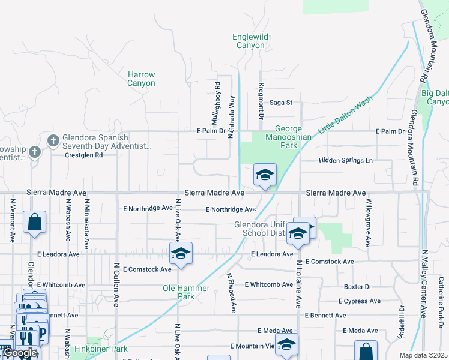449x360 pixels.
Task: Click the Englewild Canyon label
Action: click(x=249, y=41)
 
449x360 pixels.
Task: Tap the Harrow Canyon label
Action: click(x=141, y=79)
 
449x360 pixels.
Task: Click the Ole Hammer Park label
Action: click(x=187, y=292)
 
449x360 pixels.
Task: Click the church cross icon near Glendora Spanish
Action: click(x=53, y=140)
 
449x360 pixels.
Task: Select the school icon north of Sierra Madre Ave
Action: click(x=265, y=175)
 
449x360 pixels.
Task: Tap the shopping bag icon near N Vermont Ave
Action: click(x=35, y=221)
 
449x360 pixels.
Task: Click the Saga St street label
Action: click(x=280, y=103)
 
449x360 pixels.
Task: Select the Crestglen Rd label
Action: click(x=83, y=155)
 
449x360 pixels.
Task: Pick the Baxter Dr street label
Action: click(x=358, y=287)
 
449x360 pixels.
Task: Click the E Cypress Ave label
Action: click(x=360, y=301)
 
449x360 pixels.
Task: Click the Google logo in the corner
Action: click(x=20, y=353)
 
